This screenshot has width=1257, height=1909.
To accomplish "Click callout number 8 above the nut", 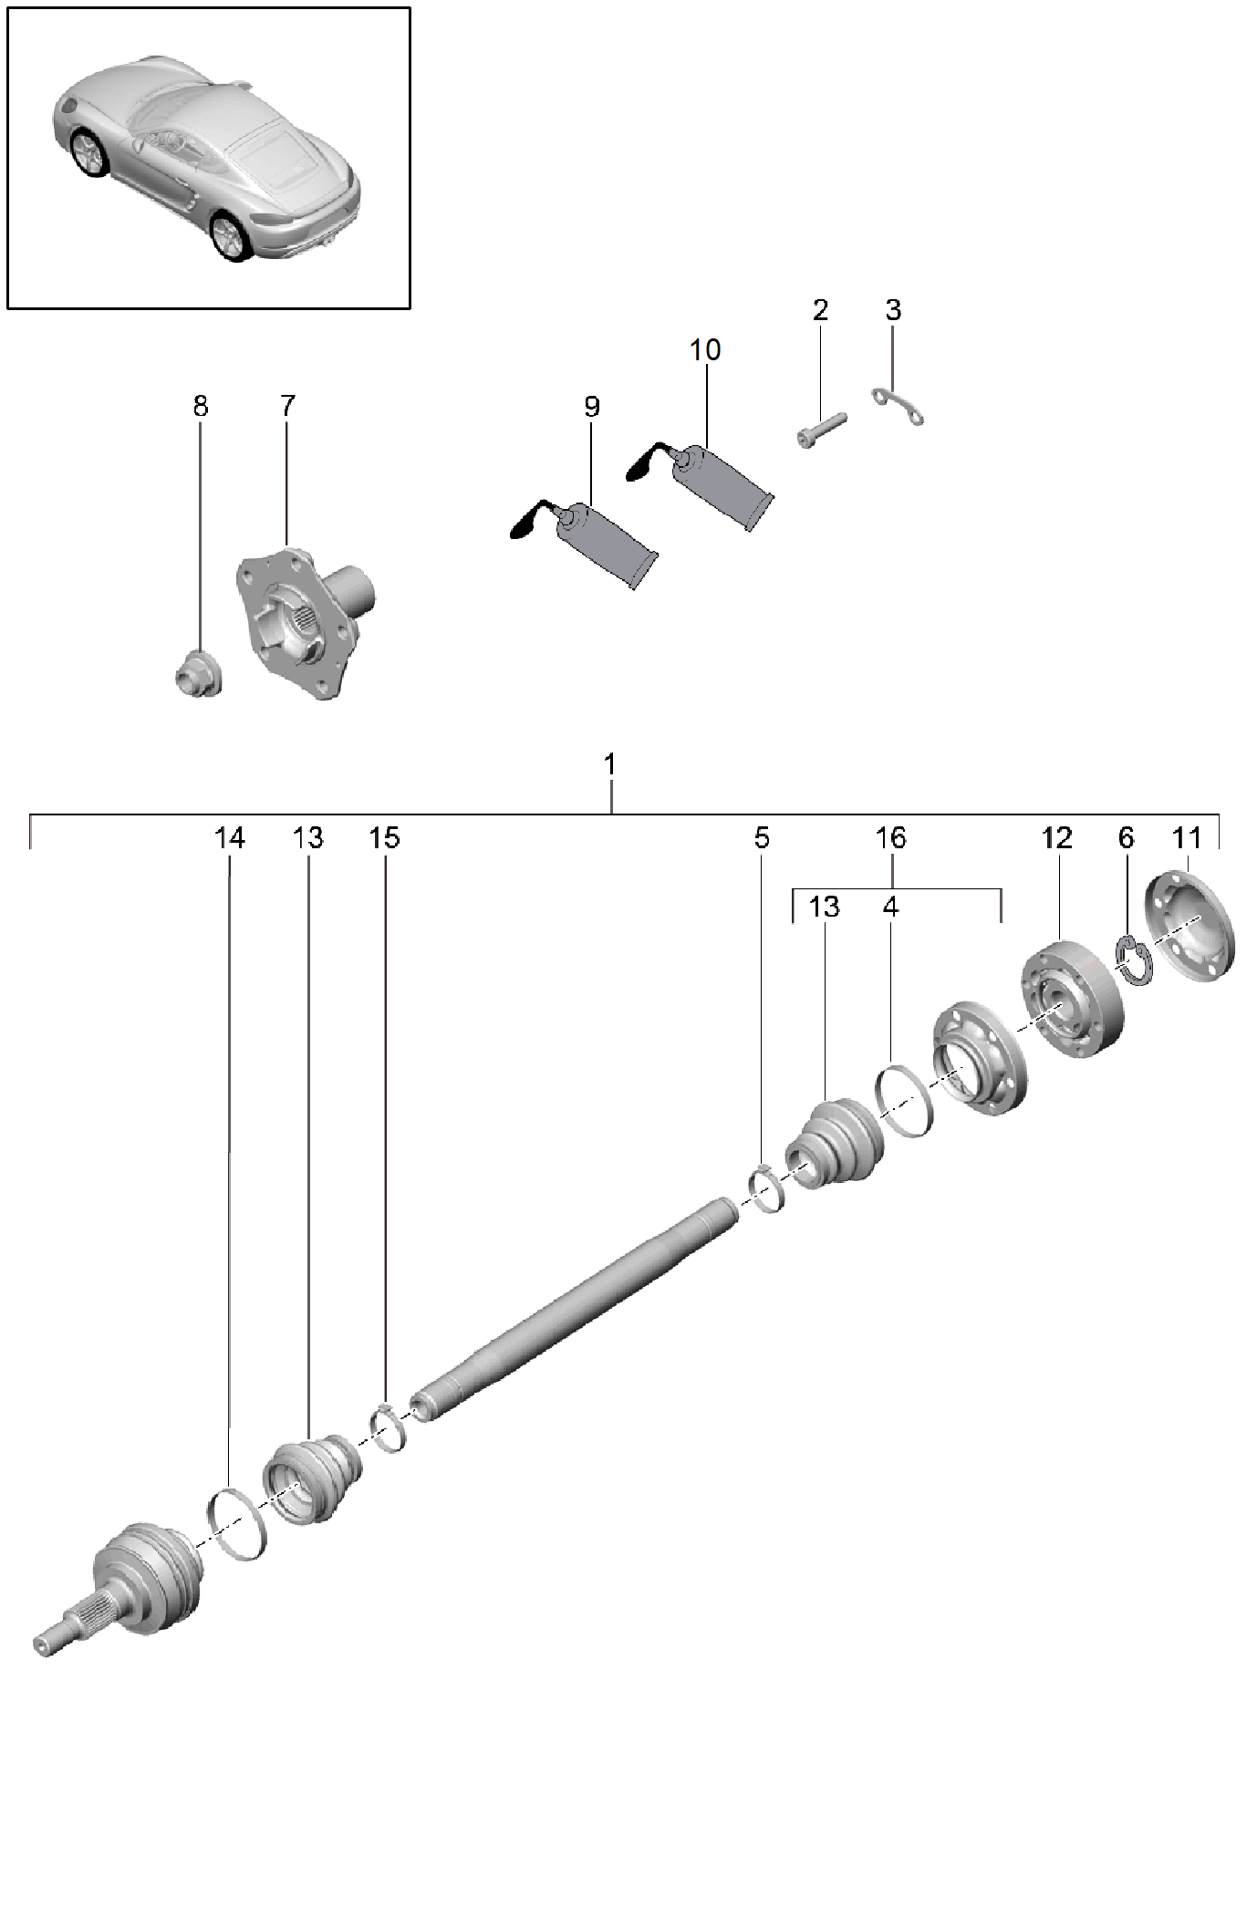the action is [201, 406].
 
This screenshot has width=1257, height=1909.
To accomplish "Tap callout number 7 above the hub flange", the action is [287, 406].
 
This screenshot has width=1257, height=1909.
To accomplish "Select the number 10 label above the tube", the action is [705, 349].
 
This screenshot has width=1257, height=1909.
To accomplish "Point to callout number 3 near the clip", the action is [893, 310].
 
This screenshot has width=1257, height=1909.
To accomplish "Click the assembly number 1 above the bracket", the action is [610, 764].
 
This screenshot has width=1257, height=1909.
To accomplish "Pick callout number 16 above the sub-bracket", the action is [890, 837].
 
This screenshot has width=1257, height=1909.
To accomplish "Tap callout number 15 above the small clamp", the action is [385, 837].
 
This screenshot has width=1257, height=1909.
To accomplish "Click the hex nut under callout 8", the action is [198, 674].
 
